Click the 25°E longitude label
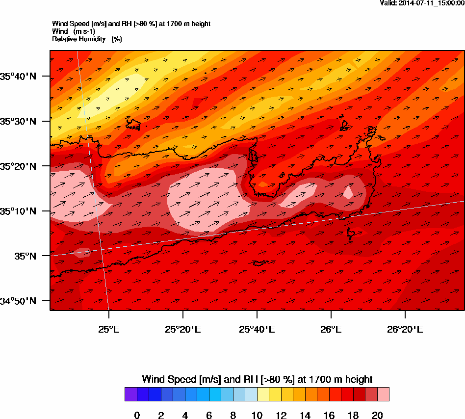[109, 329]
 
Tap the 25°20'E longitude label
[183, 329]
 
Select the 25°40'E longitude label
[257, 329]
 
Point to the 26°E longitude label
[331, 329]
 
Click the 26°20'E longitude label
[405, 329]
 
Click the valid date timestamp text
[422, 3]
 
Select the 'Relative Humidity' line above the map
[87, 39]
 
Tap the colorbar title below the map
[257, 379]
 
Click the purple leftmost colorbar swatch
[130, 394]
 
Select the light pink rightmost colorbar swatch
[383, 394]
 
